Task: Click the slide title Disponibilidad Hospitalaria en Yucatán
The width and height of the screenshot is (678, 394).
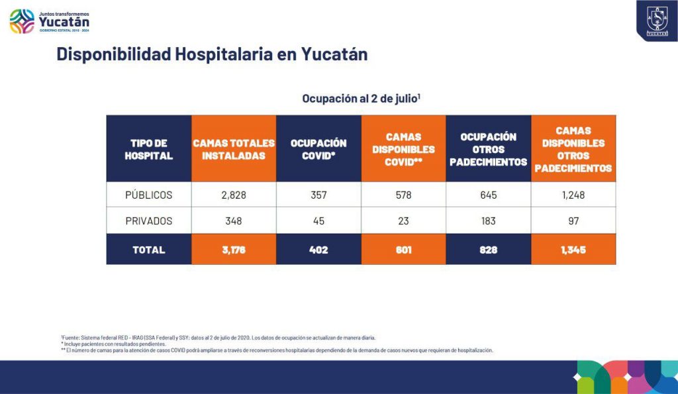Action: [x=212, y=54]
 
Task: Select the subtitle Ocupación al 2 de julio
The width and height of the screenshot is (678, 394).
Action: [x=362, y=99]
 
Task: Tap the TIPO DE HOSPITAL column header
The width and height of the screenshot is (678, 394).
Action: [x=149, y=149]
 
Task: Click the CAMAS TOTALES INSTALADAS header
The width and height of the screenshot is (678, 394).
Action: [x=234, y=149]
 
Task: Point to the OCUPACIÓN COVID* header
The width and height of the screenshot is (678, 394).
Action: [x=318, y=149]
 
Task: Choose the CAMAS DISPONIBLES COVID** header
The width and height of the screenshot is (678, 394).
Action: [x=403, y=149]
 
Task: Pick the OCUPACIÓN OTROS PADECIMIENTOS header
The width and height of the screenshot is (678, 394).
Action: [x=489, y=149]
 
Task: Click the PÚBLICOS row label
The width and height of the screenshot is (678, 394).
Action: [x=149, y=195]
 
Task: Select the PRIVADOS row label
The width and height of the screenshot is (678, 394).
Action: [x=149, y=221]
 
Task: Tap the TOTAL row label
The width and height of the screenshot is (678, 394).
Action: [x=149, y=250]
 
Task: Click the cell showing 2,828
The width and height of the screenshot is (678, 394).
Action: [x=234, y=195]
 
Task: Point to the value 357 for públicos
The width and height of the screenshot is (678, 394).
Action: [x=318, y=195]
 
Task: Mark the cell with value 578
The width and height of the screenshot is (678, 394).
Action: [x=403, y=195]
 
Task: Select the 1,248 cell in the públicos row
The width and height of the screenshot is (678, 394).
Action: [x=573, y=195]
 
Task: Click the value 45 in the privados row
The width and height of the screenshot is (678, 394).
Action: [x=318, y=221]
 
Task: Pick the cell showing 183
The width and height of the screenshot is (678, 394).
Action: [x=489, y=221]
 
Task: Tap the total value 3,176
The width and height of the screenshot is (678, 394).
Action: [x=234, y=250]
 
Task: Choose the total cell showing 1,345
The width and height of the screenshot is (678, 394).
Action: [x=573, y=250]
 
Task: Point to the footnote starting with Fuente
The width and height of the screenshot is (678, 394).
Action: [x=218, y=338]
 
